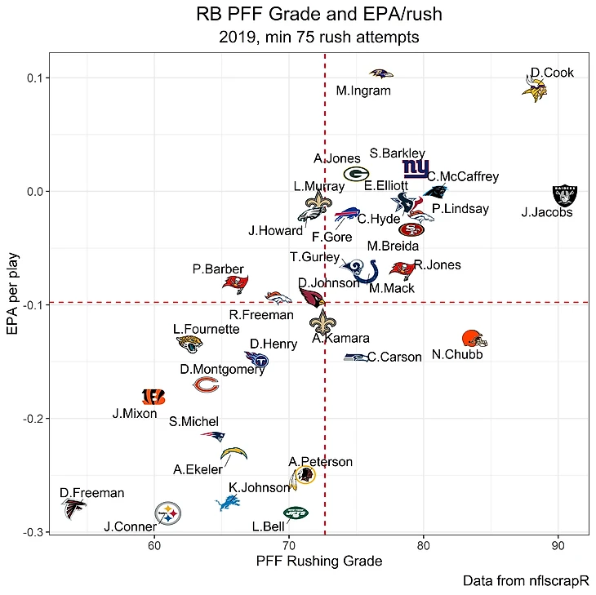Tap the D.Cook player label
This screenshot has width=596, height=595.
coord(552,73)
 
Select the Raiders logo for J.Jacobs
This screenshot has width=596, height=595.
coord(564,195)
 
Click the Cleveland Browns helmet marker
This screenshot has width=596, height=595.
coord(474,339)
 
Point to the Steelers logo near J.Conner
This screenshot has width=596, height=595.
coord(168,513)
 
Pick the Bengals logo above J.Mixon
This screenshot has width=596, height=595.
coord(153,397)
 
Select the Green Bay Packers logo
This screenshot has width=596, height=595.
coord(356,173)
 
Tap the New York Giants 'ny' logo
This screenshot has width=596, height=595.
coord(416,169)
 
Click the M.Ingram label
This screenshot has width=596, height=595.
coord(363,91)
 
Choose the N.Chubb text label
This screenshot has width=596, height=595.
coord(457,354)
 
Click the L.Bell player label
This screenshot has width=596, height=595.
coord(269,527)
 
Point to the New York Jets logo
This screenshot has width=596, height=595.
coord(296,513)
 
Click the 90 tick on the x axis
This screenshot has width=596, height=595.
coord(558,546)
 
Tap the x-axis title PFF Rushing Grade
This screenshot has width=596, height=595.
coord(318,562)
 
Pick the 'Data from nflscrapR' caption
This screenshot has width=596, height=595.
coord(525,581)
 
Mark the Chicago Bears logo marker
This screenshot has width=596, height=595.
coord(206,384)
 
